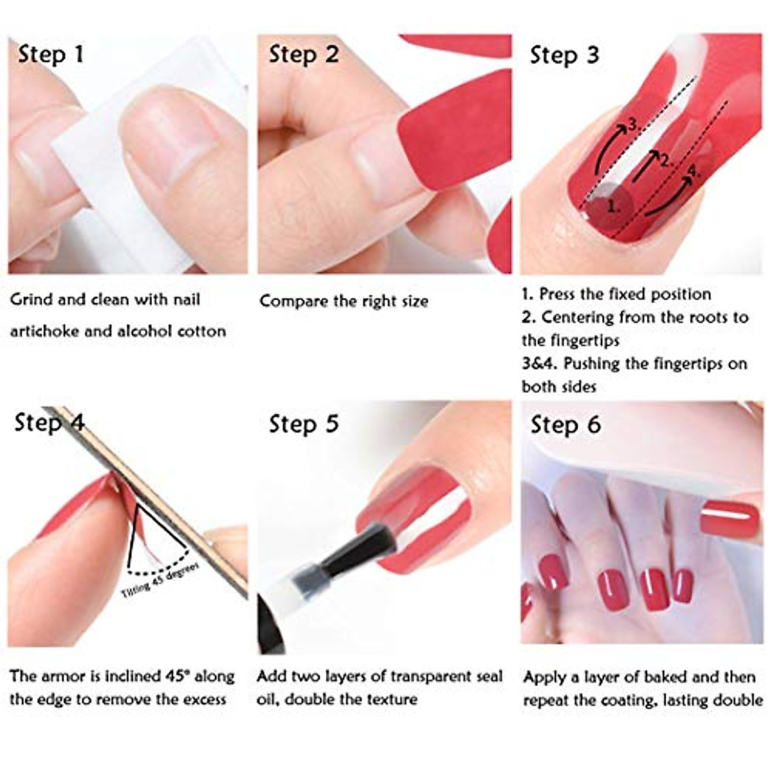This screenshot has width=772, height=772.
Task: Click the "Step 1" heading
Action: (51, 54)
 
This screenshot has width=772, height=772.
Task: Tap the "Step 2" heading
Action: (303, 54)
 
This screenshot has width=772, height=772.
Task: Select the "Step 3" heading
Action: (564, 55)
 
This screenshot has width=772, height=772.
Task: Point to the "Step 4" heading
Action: (50, 423)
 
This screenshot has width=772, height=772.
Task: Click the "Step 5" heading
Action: (303, 424)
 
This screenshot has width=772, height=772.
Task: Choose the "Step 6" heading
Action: (565, 425)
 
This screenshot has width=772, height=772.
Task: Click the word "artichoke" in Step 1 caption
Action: (43, 331)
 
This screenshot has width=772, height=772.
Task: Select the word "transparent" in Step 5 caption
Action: (414, 676)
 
